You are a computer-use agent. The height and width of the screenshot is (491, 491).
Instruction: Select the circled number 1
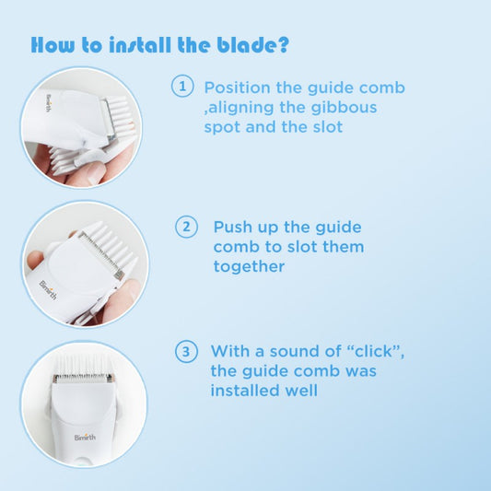182,86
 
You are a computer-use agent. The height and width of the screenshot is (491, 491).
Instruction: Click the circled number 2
186,227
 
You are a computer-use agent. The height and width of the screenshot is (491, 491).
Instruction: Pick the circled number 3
186,351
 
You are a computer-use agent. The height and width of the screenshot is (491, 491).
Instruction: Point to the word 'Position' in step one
237,88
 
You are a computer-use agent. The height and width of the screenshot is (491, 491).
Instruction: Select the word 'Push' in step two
233,227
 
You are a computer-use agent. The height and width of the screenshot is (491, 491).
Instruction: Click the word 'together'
249,267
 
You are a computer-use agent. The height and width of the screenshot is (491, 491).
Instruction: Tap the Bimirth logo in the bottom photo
85,438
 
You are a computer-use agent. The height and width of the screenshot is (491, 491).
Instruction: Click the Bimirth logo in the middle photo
48,290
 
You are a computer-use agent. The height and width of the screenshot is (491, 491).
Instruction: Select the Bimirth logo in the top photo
48,102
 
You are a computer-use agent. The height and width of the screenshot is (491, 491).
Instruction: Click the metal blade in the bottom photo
83,379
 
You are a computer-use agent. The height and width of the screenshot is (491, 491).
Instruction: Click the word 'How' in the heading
53,45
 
